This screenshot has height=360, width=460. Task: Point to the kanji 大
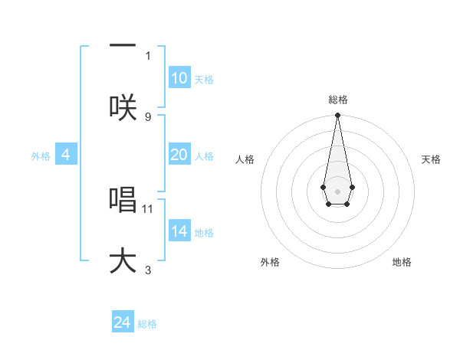pos(123,261)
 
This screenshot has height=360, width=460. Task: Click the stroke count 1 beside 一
pos(148,55)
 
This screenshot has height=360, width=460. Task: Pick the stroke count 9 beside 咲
pos(148,116)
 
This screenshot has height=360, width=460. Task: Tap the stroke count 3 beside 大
pos(148,270)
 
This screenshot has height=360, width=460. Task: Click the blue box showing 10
pos(179,78)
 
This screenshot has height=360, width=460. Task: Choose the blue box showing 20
pos(179,155)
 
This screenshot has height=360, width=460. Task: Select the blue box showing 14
pos(179,231)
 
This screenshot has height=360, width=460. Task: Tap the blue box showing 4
pos(66,155)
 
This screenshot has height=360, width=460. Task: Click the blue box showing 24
pos(122,322)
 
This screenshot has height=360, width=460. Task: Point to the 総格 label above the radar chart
pos(337,100)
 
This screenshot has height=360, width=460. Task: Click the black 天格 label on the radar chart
pos(431,159)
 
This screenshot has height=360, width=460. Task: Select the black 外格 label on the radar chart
pos(270,262)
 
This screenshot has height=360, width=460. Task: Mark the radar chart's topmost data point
pos(337,116)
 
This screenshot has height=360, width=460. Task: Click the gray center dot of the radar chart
pos(337,190)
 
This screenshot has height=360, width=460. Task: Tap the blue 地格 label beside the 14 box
pos(204,233)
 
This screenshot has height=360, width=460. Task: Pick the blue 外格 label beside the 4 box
pos(41,156)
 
